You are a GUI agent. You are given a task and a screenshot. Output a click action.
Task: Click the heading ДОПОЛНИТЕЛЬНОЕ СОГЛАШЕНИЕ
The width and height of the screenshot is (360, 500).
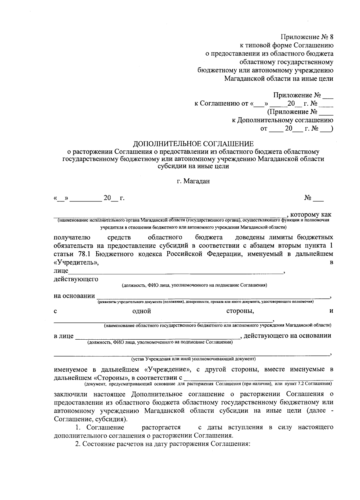[x=193, y=144]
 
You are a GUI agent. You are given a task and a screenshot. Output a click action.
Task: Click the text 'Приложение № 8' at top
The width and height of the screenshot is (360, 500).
[x=307, y=37]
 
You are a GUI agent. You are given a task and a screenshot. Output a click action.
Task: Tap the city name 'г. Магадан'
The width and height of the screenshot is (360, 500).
[x=193, y=181]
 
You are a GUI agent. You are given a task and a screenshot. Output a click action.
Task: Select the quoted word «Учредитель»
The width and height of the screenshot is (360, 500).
[x=76, y=262]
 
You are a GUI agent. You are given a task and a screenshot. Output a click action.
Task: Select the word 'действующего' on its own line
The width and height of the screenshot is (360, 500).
[x=76, y=279]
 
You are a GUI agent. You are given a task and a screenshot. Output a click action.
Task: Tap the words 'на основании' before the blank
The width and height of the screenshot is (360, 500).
[x=74, y=296]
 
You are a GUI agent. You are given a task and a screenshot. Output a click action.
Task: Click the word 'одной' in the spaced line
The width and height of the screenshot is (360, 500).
[x=142, y=311]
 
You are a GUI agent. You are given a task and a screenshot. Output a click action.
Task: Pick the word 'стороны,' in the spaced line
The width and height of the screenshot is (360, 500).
[x=240, y=311]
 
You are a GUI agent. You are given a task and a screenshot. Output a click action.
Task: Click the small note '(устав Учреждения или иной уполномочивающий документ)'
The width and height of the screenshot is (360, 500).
[x=193, y=359]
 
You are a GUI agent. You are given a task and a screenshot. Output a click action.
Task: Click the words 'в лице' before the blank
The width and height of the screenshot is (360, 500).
[x=64, y=336]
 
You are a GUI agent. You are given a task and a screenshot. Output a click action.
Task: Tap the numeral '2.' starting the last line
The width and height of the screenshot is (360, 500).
[x=77, y=444]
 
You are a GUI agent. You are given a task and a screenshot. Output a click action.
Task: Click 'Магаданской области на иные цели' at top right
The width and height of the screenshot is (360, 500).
[x=279, y=79]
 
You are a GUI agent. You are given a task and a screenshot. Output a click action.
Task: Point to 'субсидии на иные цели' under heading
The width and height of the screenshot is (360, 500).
[x=193, y=166]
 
